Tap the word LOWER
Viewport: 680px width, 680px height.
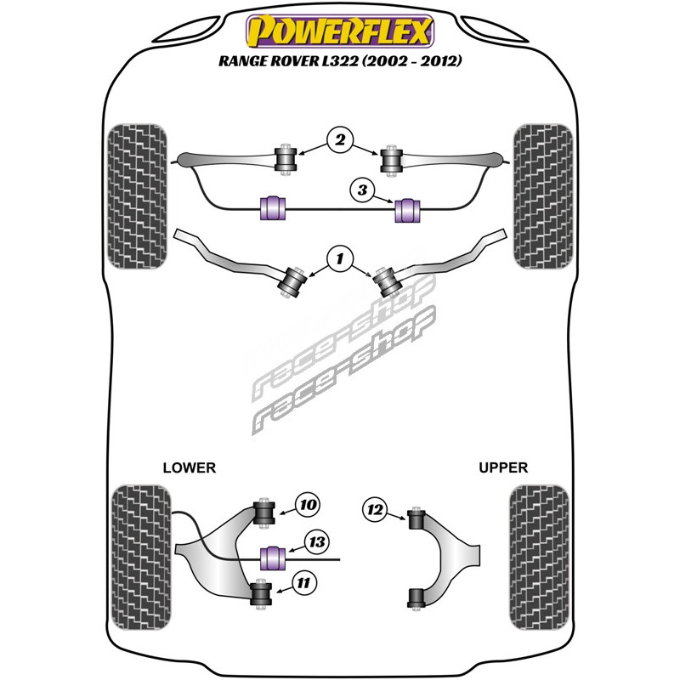[189, 467]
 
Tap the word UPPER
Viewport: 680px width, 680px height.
[503, 467]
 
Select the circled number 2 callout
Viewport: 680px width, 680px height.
[339, 140]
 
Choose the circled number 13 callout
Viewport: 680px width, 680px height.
[316, 541]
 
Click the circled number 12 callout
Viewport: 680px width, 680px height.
[372, 510]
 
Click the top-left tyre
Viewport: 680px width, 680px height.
[139, 196]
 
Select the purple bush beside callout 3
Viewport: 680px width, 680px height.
[410, 207]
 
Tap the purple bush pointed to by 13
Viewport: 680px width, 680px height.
[273, 558]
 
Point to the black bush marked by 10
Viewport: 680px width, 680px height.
[263, 513]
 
